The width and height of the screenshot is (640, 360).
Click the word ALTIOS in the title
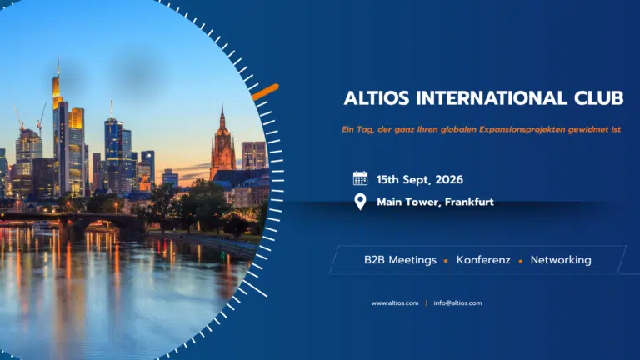[377, 98]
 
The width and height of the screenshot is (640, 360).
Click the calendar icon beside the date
[360, 178]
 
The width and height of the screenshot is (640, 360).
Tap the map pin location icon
[360, 202]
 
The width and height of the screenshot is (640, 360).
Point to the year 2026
[449, 180]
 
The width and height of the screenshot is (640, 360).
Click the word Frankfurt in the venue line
[469, 202]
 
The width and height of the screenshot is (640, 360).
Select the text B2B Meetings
[400, 260]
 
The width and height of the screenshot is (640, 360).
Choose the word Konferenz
[483, 260]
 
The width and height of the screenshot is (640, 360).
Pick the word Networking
[561, 260]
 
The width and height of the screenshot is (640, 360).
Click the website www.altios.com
[395, 302]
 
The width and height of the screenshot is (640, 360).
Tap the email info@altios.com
[457, 302]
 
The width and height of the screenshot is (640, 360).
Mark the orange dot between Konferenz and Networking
[520, 261]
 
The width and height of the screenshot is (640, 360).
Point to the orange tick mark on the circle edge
[265, 92]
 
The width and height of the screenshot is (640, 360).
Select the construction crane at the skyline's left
[18, 117]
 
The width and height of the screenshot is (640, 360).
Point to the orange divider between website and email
[426, 302]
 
